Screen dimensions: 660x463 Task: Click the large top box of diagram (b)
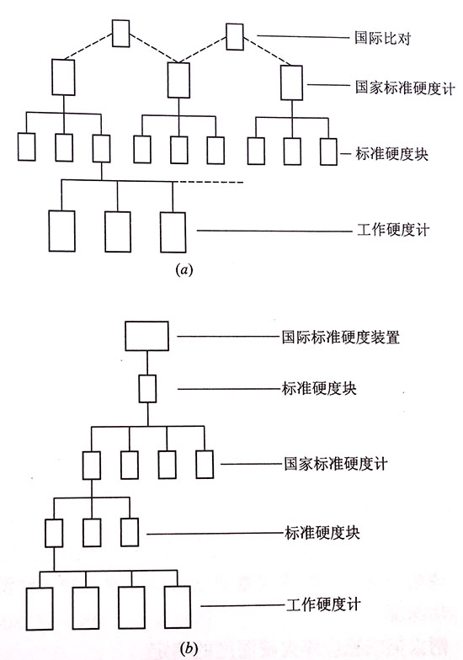coord(147,336)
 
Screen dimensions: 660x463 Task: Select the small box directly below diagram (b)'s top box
coord(148,388)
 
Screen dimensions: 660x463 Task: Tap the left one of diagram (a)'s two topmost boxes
coord(120,33)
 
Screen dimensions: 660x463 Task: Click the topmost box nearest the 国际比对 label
coord(235,36)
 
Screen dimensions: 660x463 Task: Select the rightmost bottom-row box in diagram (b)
coord(176,604)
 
